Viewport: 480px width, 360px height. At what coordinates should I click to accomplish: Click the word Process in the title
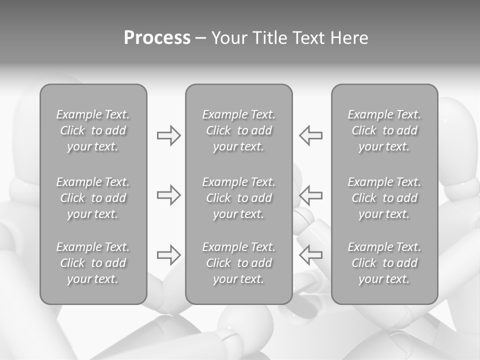pyautogui.click(x=157, y=38)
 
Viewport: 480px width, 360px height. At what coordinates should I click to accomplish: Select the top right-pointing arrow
pyautogui.click(x=168, y=135)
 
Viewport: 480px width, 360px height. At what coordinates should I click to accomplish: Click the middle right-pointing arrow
pyautogui.click(x=168, y=195)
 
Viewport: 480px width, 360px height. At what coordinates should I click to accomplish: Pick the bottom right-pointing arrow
pyautogui.click(x=168, y=254)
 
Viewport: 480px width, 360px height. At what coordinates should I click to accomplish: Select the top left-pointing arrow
pyautogui.click(x=311, y=135)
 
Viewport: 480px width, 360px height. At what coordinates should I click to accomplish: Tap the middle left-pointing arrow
pyautogui.click(x=311, y=195)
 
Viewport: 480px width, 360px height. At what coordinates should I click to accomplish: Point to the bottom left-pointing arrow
pyautogui.click(x=311, y=254)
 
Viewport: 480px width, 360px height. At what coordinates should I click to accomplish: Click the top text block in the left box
pyautogui.click(x=93, y=130)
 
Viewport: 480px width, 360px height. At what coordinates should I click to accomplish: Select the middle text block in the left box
pyautogui.click(x=93, y=198)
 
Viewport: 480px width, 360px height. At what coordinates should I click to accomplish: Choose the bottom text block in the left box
pyautogui.click(x=93, y=263)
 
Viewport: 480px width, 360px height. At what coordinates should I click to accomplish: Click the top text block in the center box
pyautogui.click(x=239, y=130)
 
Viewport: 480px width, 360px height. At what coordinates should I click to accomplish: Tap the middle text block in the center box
pyautogui.click(x=239, y=198)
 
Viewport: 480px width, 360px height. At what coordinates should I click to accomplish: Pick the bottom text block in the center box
pyautogui.click(x=239, y=263)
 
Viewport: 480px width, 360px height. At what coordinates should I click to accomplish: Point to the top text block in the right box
pyautogui.click(x=384, y=130)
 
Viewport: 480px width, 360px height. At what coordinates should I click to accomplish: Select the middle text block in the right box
pyautogui.click(x=384, y=198)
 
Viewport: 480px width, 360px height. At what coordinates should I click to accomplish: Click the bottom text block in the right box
pyautogui.click(x=384, y=263)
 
